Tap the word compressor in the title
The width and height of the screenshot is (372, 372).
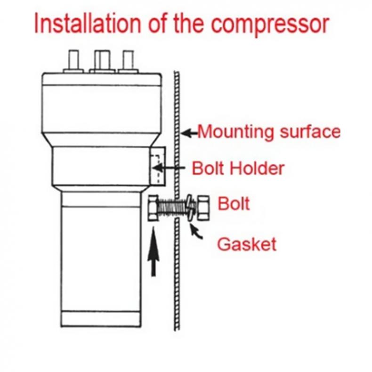click(x=269, y=24)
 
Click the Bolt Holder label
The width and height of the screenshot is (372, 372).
click(x=238, y=168)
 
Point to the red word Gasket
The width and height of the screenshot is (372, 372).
click(x=246, y=244)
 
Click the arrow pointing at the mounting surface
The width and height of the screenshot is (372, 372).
click(x=189, y=133)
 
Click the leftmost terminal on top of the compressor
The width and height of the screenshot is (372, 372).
click(x=73, y=61)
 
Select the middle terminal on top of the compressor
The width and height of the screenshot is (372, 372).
click(x=102, y=61)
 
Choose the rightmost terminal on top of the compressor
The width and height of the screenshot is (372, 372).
click(x=128, y=61)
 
